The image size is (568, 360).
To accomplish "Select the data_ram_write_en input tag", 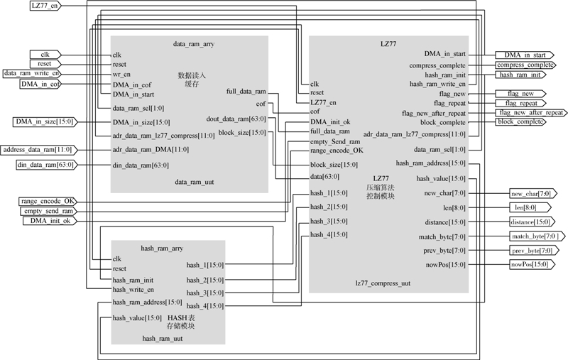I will pos(32,73).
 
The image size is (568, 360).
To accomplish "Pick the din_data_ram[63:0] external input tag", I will pos(44,165).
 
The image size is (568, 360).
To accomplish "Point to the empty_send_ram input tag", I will pos(46,211).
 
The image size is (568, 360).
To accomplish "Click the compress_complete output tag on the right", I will pos(521,65).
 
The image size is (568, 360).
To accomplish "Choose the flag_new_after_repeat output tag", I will pos(531,112).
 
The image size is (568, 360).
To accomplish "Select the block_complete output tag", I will pos(521,122).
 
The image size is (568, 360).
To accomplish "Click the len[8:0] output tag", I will pos(525,207).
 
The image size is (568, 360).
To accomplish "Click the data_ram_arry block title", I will pos(194,44).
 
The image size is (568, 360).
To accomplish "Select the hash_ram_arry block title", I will pos(163,248).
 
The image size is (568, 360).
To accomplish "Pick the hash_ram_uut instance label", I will pos(163,339).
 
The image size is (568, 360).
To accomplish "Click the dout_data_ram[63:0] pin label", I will pos(236,119).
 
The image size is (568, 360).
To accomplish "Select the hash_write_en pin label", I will pos(133,290).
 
